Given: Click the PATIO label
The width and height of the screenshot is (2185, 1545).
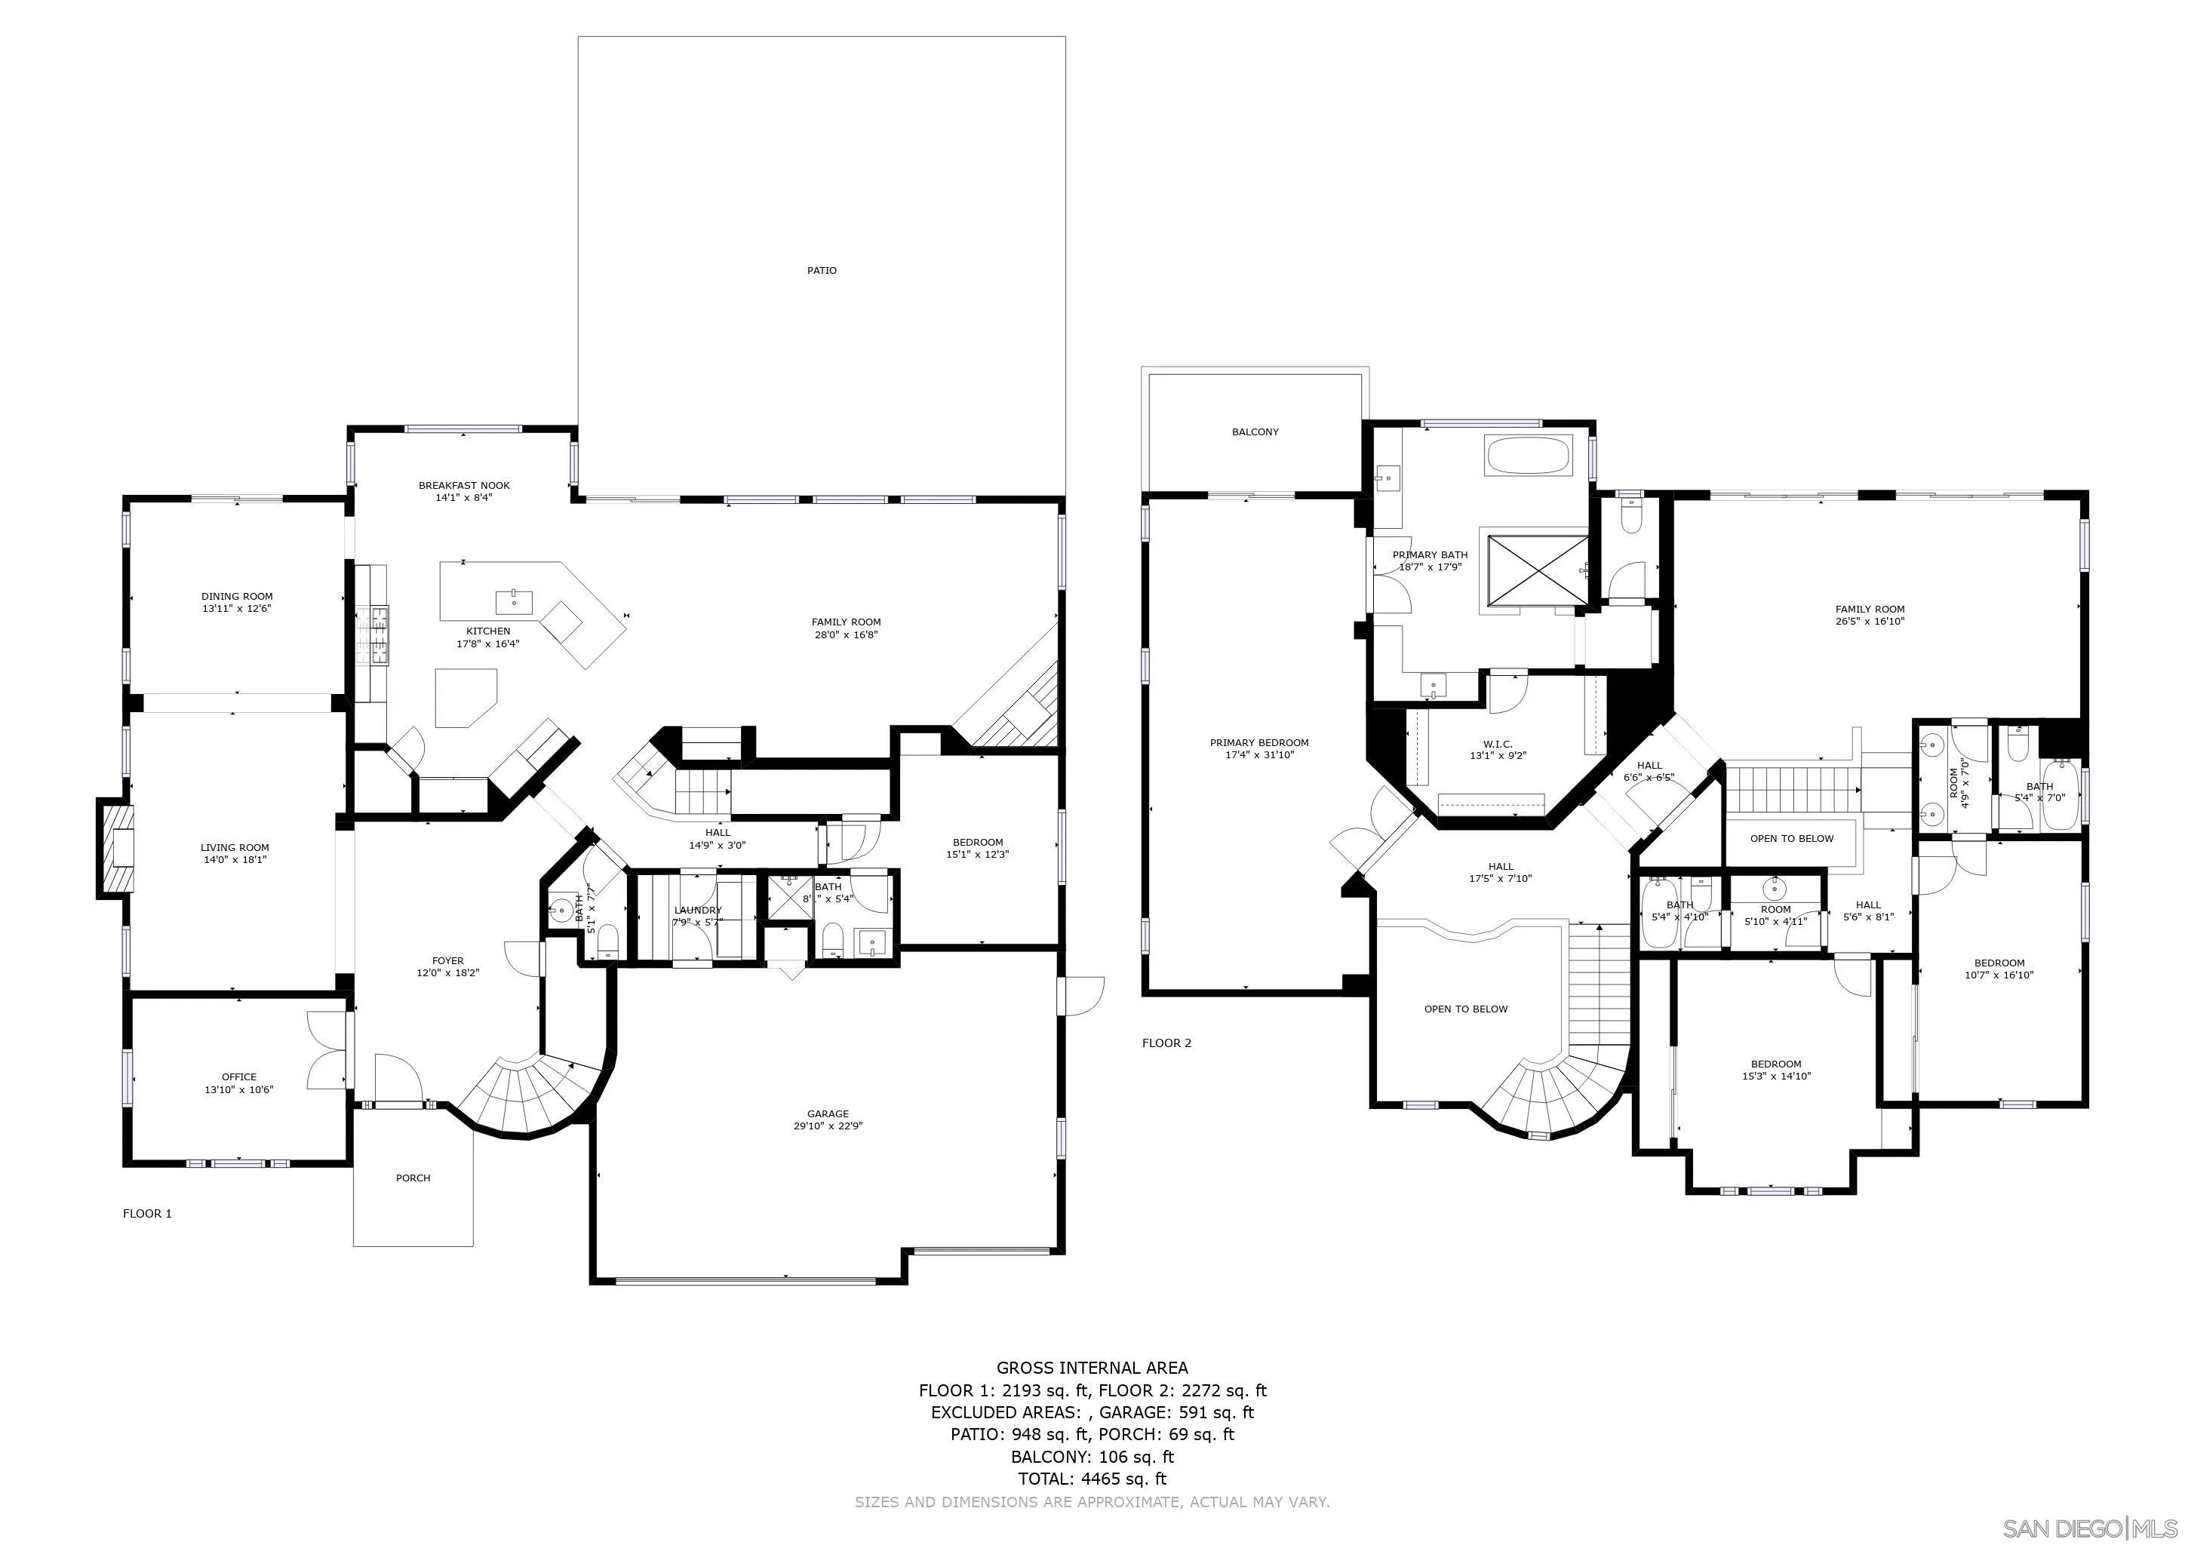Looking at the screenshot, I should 822,271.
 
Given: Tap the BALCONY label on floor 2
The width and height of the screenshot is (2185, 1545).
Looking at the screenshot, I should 1254,432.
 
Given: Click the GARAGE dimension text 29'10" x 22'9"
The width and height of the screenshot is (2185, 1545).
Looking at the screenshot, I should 827,1126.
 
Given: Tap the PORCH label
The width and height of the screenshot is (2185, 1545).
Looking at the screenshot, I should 413,1178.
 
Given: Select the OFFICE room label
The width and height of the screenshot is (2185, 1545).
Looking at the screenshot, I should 239,1077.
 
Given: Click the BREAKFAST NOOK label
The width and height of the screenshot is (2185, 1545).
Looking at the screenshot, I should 465,485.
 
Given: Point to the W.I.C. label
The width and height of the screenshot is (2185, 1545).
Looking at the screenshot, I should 1496,744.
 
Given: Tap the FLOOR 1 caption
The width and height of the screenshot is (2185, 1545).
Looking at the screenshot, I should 148,1213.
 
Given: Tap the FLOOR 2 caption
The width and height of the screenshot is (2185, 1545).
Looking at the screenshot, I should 1166,1043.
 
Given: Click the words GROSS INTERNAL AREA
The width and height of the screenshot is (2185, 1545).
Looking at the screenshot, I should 1092,1368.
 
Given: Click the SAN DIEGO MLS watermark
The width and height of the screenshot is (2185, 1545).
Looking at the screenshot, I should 2090,1528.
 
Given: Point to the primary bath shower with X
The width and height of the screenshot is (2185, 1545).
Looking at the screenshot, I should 1532,568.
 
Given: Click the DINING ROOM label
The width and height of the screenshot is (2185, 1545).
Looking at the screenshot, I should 237,597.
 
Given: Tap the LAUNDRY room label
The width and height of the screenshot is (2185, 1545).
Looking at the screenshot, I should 698,911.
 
